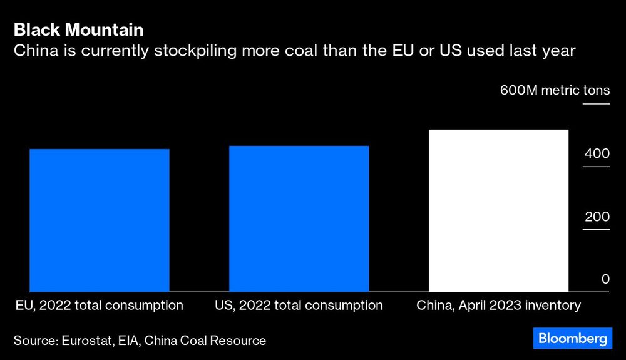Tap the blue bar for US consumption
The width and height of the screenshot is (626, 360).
299,219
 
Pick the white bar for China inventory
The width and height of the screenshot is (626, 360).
498,210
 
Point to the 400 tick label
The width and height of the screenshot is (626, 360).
597,153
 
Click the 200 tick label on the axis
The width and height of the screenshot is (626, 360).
597,217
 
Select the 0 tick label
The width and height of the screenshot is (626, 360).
605,279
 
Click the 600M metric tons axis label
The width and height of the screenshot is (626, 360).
555,90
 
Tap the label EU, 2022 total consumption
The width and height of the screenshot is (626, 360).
100,306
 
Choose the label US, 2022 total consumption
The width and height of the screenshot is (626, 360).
299,306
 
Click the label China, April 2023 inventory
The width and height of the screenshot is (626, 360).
499,306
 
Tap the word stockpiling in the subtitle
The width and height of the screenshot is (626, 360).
165,51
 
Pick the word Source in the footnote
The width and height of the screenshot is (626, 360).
35,341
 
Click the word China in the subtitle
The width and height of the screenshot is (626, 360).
33,51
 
